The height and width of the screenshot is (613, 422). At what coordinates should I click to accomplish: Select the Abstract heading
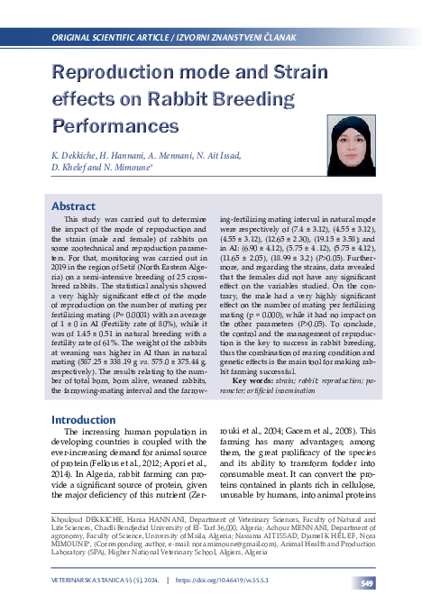click(x=73, y=206)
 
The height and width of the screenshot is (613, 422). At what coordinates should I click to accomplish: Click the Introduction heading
click(x=82, y=420)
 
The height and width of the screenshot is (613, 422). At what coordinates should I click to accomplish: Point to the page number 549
click(x=367, y=584)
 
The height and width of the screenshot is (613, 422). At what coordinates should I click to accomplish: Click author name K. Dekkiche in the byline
click(x=78, y=155)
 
